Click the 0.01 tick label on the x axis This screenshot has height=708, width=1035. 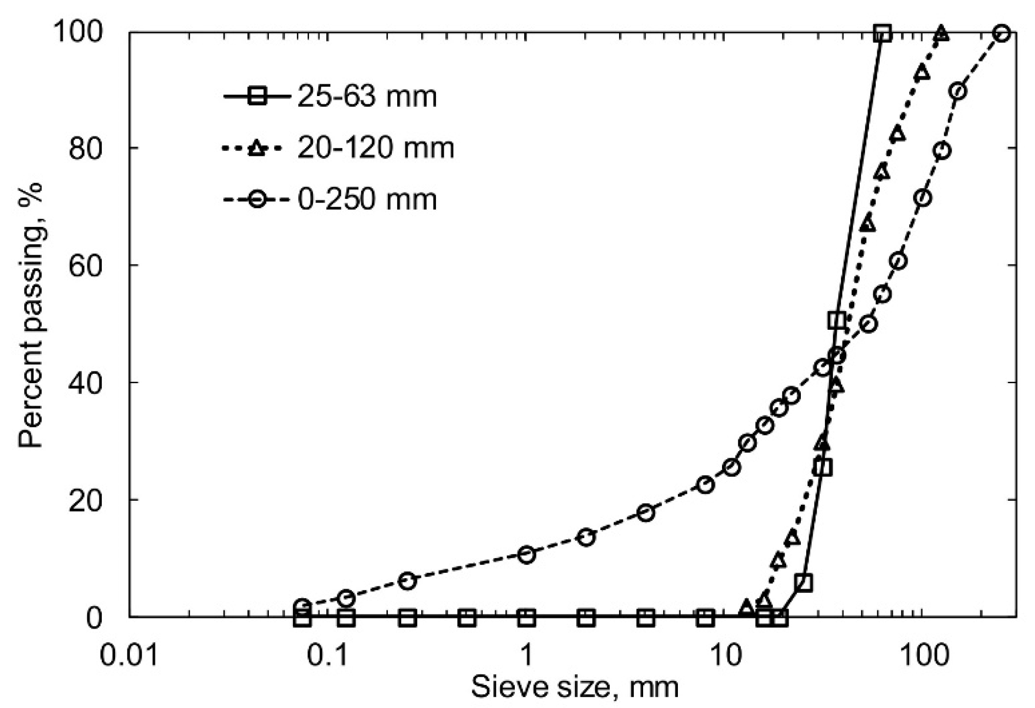(129, 655)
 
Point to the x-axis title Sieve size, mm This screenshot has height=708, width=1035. (575, 687)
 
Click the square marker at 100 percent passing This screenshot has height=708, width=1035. (883, 33)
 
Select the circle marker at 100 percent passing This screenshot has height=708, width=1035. (1002, 33)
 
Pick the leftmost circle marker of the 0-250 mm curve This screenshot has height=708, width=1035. (303, 606)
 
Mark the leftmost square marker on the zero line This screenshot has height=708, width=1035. (303, 618)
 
